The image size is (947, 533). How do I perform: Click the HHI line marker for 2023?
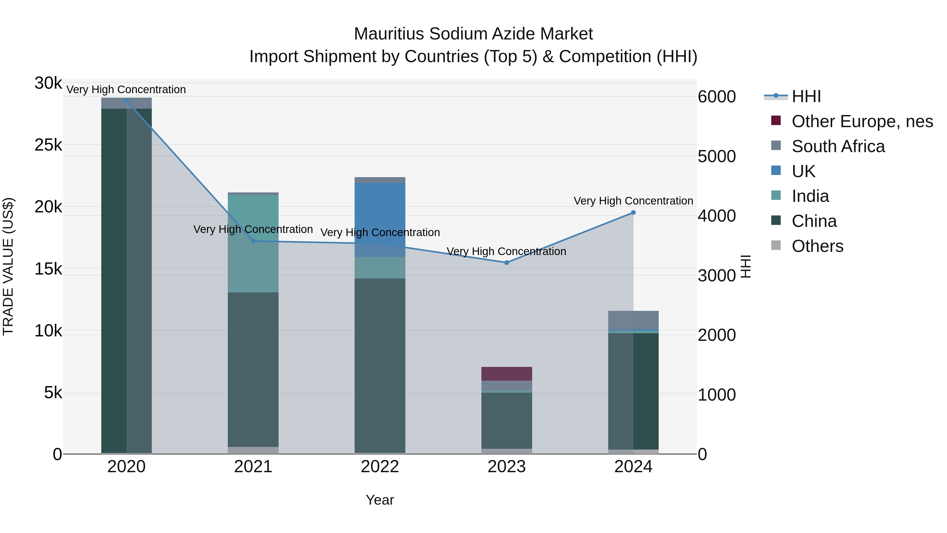[507, 263]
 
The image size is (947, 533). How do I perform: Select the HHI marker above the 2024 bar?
[633, 213]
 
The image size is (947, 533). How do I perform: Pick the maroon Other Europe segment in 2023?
[507, 374]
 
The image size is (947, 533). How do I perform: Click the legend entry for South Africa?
[838, 146]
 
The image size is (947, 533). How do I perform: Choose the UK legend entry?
[803, 171]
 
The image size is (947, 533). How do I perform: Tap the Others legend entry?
[817, 246]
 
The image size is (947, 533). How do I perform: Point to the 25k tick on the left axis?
[48, 145]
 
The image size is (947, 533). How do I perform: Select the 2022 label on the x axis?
[380, 467]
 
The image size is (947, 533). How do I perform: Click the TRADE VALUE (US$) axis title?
[8, 266]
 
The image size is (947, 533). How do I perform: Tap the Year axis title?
[380, 500]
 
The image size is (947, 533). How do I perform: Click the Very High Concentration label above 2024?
[633, 201]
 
